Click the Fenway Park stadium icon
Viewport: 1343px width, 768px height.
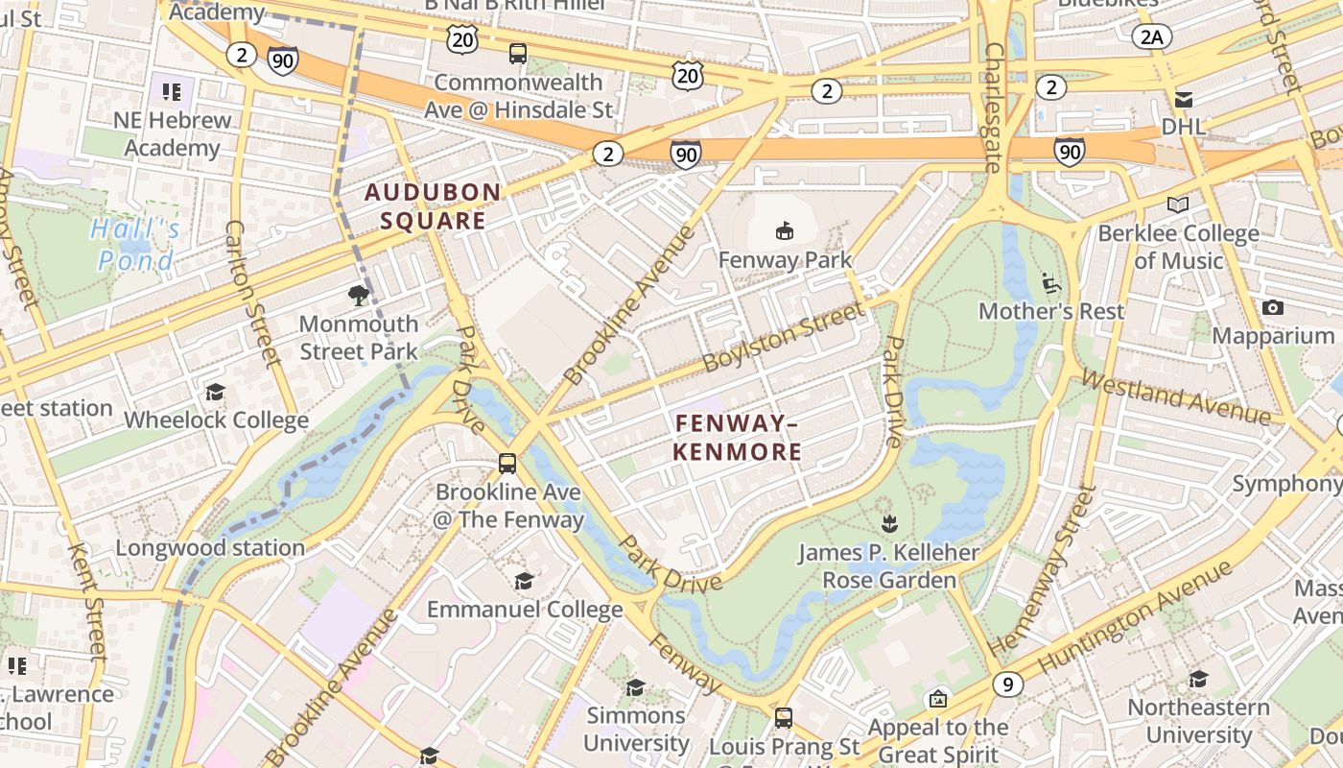click(x=785, y=230)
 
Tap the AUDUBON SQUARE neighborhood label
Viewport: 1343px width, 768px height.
click(x=433, y=206)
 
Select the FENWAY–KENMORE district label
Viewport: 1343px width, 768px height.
click(x=737, y=438)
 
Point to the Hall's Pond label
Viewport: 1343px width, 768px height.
click(x=135, y=245)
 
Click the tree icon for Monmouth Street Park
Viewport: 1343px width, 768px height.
click(x=359, y=295)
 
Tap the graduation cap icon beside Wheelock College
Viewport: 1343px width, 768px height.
click(x=215, y=392)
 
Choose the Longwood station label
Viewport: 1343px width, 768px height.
click(x=210, y=548)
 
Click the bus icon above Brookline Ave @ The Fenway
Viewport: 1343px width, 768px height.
click(x=507, y=464)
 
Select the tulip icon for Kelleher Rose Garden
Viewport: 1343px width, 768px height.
click(x=888, y=524)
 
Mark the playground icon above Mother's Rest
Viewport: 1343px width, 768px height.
click(x=1050, y=282)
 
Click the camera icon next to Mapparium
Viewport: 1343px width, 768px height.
click(x=1273, y=307)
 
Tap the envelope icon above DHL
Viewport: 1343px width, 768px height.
click(x=1184, y=99)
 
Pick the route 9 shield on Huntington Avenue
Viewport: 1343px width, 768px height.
click(x=1006, y=684)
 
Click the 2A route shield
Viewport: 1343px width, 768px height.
click(x=1152, y=36)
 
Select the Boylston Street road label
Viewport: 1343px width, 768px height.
click(x=784, y=337)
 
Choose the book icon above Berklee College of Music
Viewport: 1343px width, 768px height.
click(x=1177, y=204)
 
